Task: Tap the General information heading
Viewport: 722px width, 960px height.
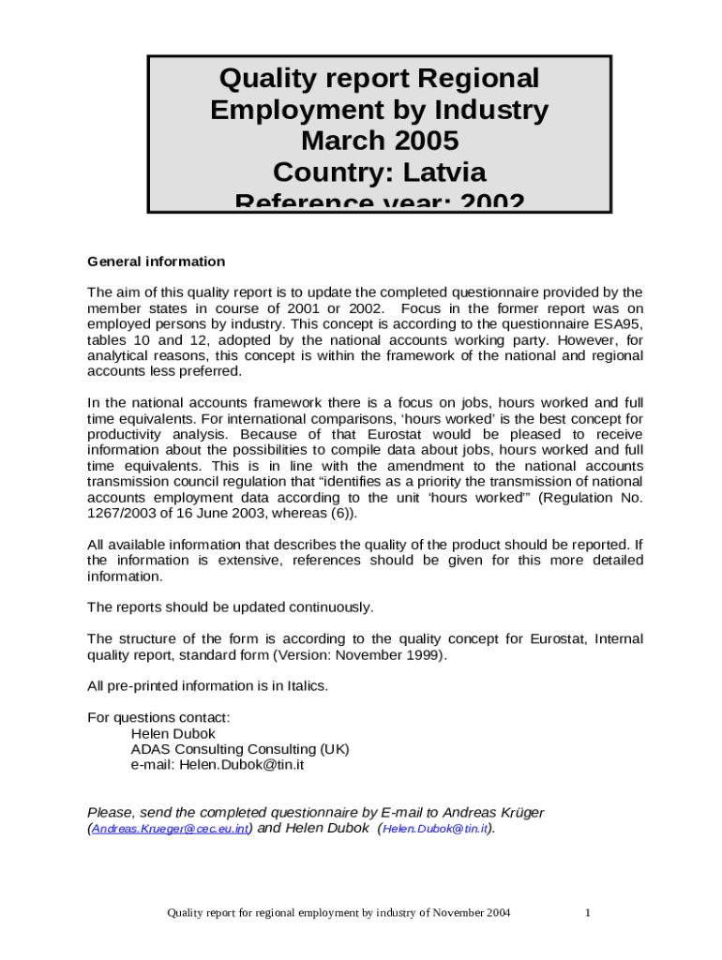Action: coord(156,262)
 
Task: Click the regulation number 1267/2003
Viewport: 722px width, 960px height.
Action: coord(121,514)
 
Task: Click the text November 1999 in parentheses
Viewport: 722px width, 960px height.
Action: coord(393,655)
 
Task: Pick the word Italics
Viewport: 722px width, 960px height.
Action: coord(303,686)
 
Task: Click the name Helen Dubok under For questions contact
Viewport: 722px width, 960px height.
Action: coord(173,734)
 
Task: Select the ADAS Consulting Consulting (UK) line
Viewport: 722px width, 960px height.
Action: coord(240,749)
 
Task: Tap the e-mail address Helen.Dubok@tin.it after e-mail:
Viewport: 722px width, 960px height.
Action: coord(242,764)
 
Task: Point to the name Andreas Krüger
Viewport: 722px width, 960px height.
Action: coord(493,812)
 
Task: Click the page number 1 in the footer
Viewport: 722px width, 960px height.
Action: coord(587,912)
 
